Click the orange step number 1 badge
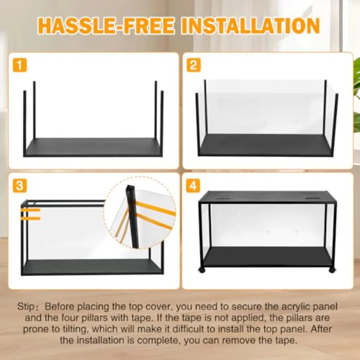point(20,65)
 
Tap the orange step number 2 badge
point(194,65)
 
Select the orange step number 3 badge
point(20,186)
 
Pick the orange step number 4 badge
point(194,186)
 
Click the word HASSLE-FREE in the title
point(106,26)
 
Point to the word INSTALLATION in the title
point(250,26)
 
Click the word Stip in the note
point(26,307)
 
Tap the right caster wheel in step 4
point(332,270)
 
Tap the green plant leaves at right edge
point(356,100)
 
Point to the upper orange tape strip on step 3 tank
point(30,210)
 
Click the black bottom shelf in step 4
point(267,256)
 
